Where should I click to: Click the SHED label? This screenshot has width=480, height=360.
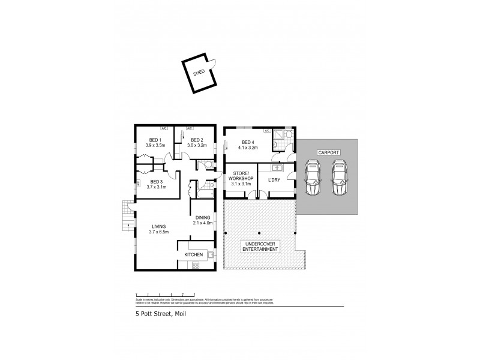(199, 72)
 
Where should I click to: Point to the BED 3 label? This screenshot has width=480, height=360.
(156, 182)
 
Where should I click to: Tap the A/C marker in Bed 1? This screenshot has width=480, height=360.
(163, 128)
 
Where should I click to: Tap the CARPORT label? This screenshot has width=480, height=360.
(329, 153)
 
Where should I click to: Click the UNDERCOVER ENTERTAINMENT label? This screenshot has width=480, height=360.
(259, 247)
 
